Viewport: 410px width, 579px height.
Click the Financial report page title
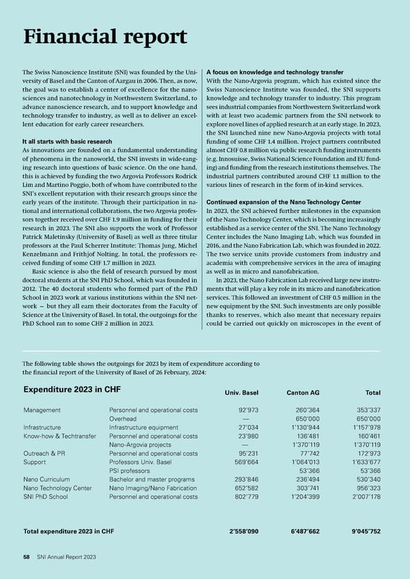click(x=105, y=37)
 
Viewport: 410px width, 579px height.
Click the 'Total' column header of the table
click(x=373, y=393)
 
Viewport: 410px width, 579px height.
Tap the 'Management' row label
click(x=43, y=410)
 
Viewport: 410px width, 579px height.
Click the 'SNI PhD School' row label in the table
click(x=46, y=496)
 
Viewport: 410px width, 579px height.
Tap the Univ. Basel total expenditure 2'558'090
click(x=243, y=531)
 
